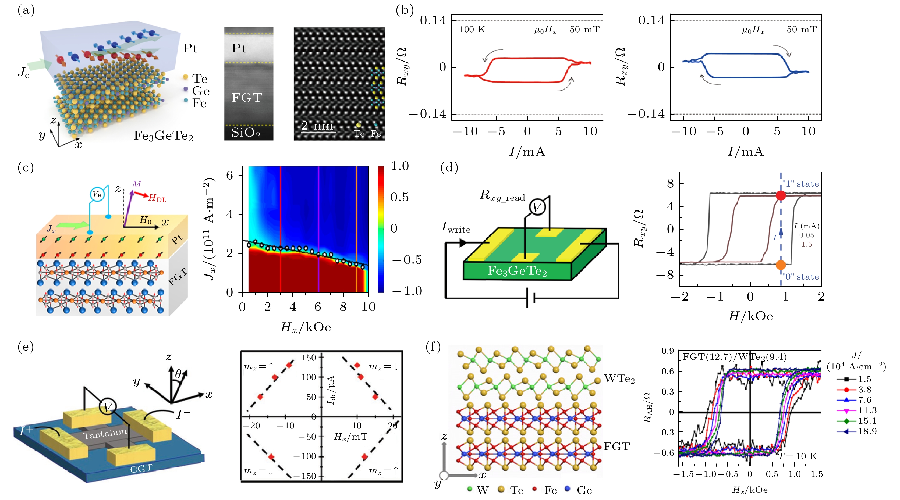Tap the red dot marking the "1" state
coord(781,195)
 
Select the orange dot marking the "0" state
coord(781,265)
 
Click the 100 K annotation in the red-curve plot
coord(472,30)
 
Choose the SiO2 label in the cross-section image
coord(246,133)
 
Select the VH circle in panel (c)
coord(97,194)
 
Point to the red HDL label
coord(157,199)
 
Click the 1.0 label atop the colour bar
coord(399,166)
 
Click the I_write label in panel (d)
coord(456,227)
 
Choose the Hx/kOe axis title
coord(305,327)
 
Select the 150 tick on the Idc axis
coord(309,358)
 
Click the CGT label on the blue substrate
coord(141,468)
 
